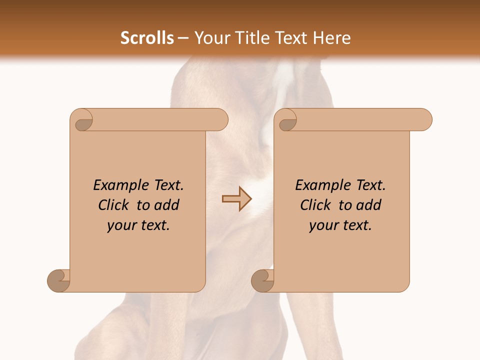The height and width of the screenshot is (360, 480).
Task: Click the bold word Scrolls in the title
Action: tap(147, 38)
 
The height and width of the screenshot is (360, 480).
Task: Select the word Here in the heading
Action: tap(332, 38)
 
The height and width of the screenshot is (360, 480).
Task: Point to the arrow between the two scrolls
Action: tap(237, 198)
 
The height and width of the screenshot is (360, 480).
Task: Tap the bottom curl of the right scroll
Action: tap(263, 280)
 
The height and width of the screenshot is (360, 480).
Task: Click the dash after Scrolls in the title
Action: tap(183, 38)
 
